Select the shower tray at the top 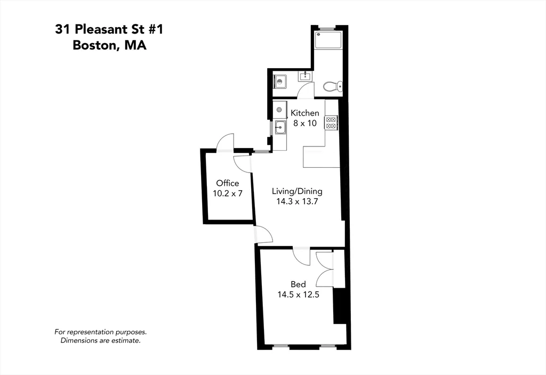[x=327, y=41]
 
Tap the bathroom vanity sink [x=305, y=77]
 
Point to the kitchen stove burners [x=331, y=123]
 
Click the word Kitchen [x=304, y=113]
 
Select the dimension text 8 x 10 [x=304, y=123]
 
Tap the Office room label [x=228, y=183]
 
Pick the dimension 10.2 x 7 [x=228, y=193]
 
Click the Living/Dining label [x=297, y=191]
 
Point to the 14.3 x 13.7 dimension [x=297, y=201]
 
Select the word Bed [x=298, y=284]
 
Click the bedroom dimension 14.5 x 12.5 [x=298, y=295]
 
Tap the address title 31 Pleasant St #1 [x=109, y=29]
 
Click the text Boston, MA [x=109, y=45]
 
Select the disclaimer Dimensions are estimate [x=101, y=340]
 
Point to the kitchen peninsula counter [x=320, y=157]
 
